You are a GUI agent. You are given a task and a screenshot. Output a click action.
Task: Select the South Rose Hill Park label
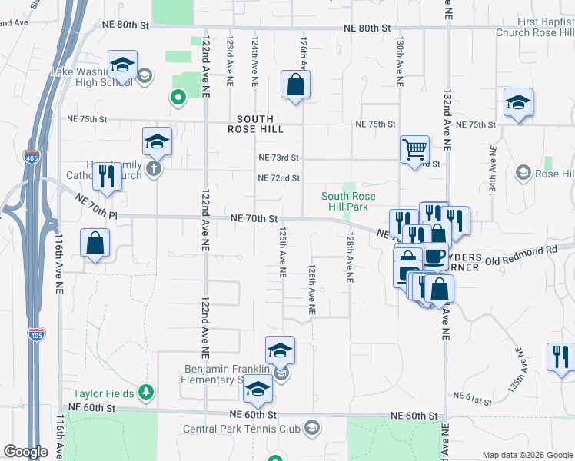(x=348, y=201)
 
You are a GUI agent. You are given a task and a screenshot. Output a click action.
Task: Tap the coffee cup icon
(x=434, y=256)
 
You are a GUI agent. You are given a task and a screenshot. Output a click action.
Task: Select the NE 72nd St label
(x=278, y=178)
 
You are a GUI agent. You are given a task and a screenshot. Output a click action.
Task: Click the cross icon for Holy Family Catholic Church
(x=154, y=168)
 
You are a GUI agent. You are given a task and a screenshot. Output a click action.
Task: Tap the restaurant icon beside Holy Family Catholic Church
(x=107, y=177)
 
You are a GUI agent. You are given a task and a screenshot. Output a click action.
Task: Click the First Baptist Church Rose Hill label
(x=534, y=28)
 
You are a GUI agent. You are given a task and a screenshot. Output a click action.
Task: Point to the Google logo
(x=26, y=453)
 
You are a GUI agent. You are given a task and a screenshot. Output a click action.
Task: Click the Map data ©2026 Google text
(x=527, y=455)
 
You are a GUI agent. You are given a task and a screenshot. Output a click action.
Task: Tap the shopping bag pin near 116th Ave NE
(x=95, y=244)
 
